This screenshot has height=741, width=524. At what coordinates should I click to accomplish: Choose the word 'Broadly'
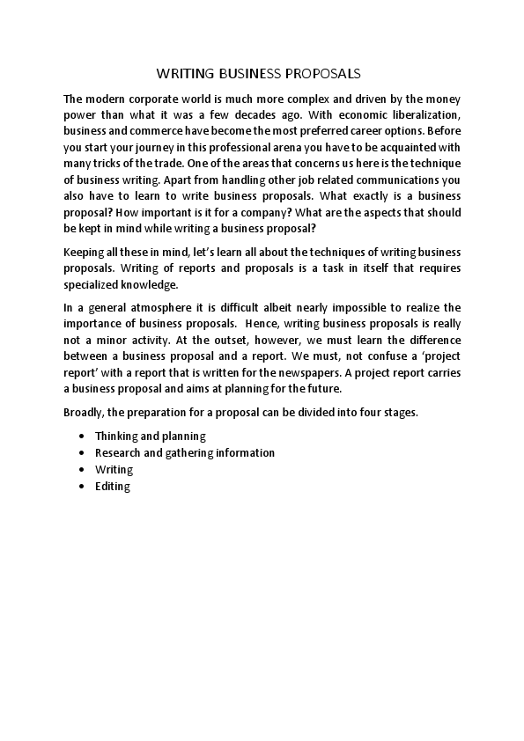[x=85, y=412]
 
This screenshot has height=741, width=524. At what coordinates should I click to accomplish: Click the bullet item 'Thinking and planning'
[x=150, y=436]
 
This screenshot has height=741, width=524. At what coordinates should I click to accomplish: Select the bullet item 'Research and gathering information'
[x=185, y=452]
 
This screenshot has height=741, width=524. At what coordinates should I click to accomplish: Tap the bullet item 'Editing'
[x=113, y=486]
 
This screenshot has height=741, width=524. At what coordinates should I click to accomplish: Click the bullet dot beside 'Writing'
[x=82, y=470]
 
